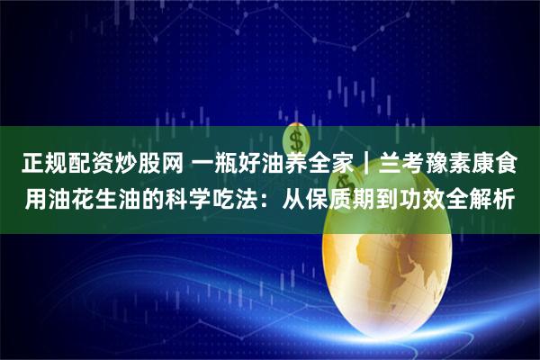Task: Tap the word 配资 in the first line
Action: pyautogui.click(x=84, y=164)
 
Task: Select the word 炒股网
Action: pyautogui.click(x=148, y=164)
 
